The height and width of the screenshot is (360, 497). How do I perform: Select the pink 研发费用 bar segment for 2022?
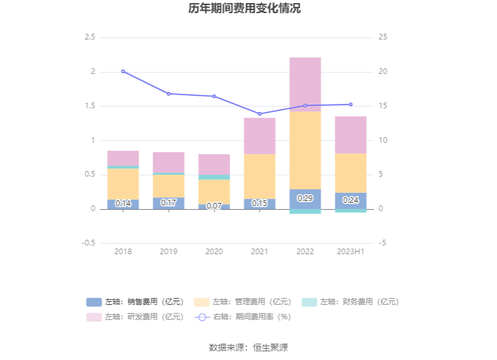(305, 85)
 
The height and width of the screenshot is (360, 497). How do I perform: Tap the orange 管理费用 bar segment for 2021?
(259, 177)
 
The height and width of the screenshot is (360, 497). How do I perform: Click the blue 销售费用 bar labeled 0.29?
(305, 198)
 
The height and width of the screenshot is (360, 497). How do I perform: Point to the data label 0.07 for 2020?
(214, 206)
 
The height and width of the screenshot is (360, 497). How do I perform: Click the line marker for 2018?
(123, 71)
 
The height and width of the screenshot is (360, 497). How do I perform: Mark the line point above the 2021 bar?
(259, 114)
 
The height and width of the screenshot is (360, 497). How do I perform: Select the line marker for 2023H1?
(351, 105)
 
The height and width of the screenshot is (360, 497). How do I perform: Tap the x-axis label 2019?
(168, 251)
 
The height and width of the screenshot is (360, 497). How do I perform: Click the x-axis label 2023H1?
(351, 251)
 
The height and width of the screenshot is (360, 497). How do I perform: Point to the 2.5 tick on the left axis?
(90, 37)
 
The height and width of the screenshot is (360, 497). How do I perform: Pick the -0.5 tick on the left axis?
(88, 243)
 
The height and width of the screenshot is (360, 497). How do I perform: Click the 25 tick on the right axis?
(383, 37)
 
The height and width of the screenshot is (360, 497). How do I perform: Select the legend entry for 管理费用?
(243, 302)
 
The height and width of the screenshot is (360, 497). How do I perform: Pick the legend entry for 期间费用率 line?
(243, 317)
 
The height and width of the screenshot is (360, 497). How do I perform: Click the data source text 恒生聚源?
(270, 347)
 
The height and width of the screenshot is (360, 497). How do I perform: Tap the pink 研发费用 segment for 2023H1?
(351, 135)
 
